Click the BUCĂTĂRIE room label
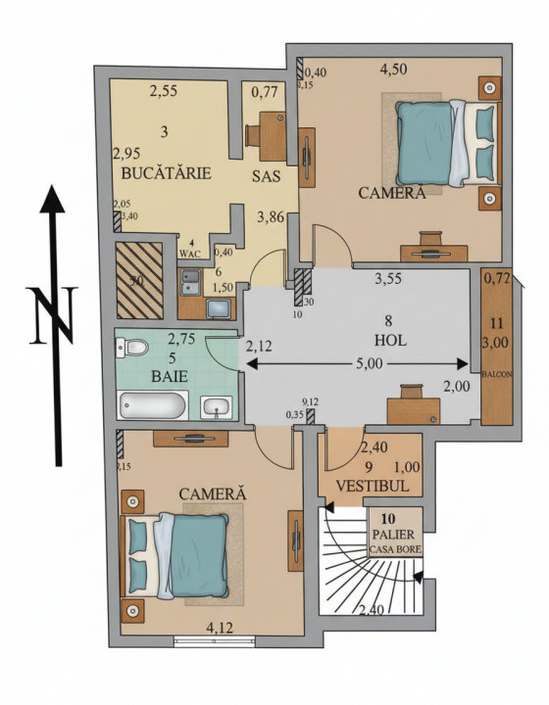[x=167, y=173]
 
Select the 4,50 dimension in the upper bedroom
[x=395, y=69]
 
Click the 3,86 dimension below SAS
[x=271, y=217]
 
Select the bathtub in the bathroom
[x=152, y=405]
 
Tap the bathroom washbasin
[x=218, y=405]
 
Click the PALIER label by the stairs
[x=394, y=534]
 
